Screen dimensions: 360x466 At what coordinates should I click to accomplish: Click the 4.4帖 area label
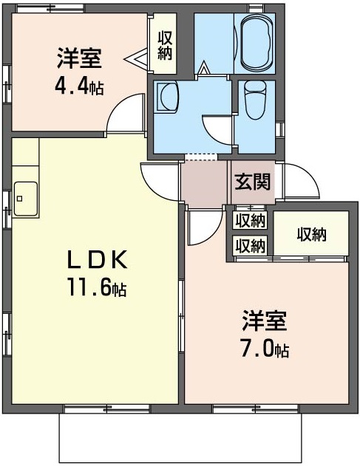click(79, 86)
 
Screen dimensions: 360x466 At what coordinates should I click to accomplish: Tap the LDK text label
click(97, 259)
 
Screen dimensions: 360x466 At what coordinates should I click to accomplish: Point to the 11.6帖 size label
click(97, 287)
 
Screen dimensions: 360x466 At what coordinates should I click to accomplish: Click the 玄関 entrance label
click(253, 182)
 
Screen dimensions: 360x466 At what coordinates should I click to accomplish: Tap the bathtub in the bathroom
click(257, 43)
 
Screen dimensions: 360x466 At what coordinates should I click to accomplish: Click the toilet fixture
click(254, 100)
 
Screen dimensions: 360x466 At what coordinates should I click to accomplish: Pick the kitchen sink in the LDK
click(26, 199)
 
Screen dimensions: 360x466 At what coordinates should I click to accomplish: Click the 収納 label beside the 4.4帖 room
click(165, 46)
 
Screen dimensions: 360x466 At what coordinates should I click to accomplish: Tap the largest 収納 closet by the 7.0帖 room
click(311, 233)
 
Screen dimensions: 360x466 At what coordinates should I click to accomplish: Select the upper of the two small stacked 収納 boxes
click(250, 220)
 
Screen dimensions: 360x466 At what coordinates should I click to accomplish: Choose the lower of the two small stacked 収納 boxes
click(250, 245)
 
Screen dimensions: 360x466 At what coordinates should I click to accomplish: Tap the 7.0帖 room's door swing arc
click(214, 236)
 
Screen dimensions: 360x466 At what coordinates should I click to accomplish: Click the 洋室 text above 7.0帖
click(264, 321)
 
